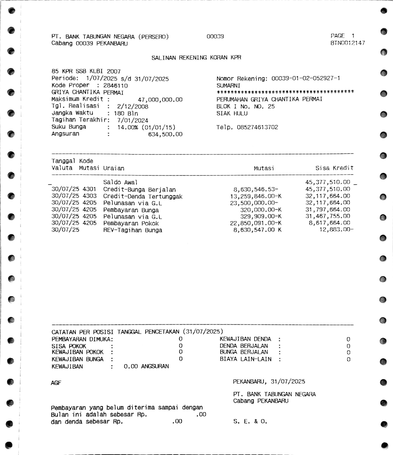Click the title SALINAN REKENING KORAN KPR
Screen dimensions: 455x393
point(196,58)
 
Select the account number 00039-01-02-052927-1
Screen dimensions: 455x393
point(305,78)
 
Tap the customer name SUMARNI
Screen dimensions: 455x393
point(228,86)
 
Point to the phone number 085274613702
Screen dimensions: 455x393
point(257,127)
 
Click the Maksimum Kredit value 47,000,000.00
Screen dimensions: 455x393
point(160,100)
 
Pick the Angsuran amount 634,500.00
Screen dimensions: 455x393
point(165,135)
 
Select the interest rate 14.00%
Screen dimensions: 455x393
point(128,127)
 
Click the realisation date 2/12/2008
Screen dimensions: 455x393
point(133,107)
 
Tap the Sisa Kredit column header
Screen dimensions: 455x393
point(334,168)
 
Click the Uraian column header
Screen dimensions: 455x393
point(114,168)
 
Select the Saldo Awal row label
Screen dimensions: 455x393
point(120,182)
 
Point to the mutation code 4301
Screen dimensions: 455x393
point(89,189)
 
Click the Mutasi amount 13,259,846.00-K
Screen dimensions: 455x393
point(255,196)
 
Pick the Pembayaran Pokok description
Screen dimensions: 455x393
point(131,224)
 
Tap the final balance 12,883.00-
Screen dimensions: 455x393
point(336,230)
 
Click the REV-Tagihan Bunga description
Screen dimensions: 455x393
point(132,230)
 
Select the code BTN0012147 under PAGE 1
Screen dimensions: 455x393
point(348,43)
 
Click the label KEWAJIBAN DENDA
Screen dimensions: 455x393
point(245,339)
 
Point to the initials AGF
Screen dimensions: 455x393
point(56,383)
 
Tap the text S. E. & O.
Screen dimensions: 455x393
point(250,421)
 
